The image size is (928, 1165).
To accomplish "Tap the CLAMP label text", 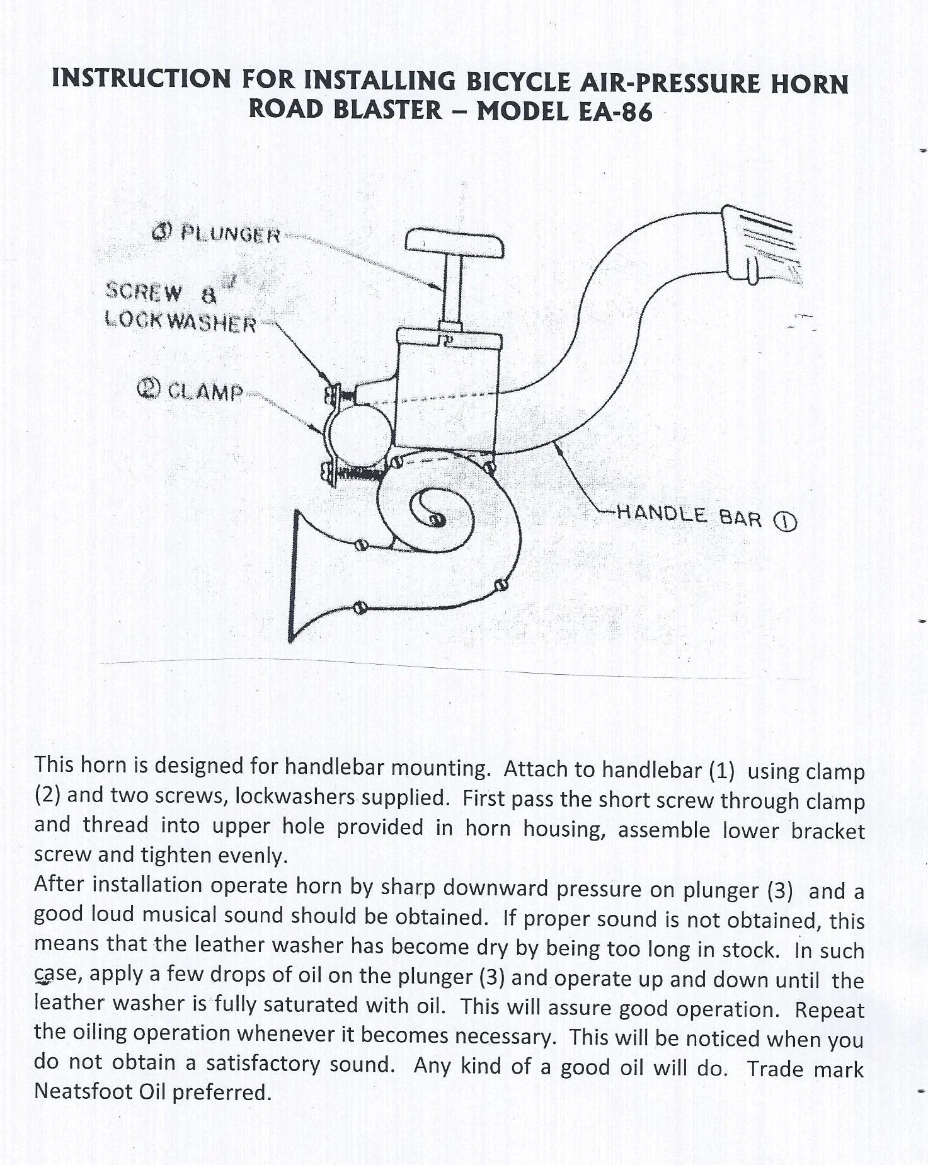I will click(x=205, y=392).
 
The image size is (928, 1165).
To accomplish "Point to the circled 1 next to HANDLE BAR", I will click(x=787, y=522).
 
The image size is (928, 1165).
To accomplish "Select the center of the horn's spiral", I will click(x=435, y=518).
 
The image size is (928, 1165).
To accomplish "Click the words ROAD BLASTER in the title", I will click(x=345, y=110).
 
